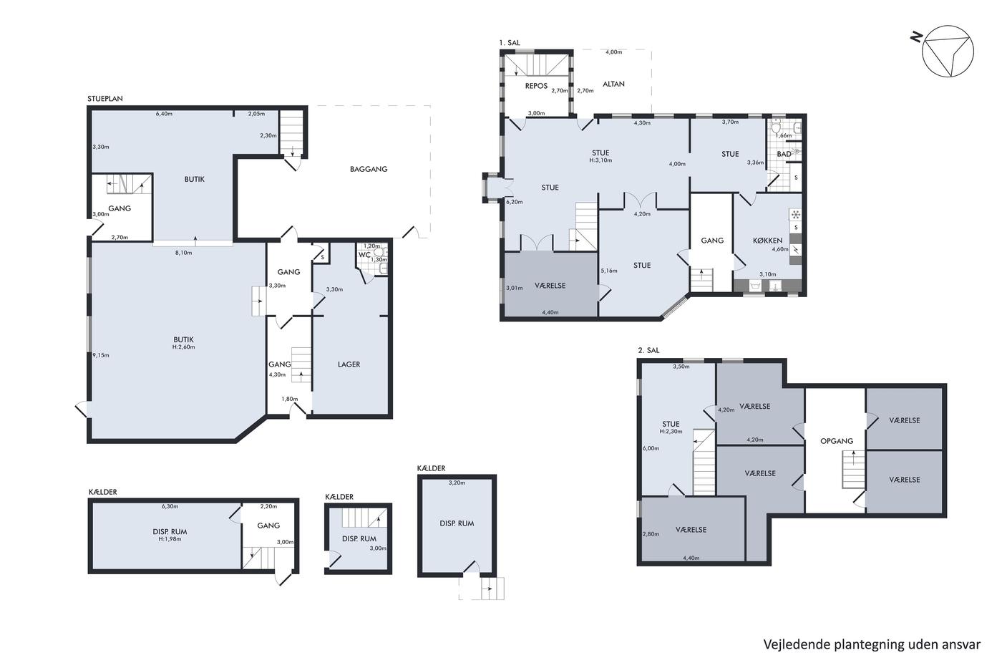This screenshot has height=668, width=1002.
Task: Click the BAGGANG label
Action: pyautogui.click(x=368, y=169)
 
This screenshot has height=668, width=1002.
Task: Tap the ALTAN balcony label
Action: pyautogui.click(x=613, y=84)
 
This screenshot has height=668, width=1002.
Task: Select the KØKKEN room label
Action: pyautogui.click(x=767, y=241)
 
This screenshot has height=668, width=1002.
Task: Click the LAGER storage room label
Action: pyautogui.click(x=349, y=364)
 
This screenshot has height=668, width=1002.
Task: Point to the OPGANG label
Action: pyautogui.click(x=837, y=441)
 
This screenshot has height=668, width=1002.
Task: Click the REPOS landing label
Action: pyautogui.click(x=536, y=86)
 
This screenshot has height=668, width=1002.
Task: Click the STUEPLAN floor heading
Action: pyautogui.click(x=105, y=99)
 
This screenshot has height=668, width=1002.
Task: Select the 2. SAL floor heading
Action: pyautogui.click(x=648, y=350)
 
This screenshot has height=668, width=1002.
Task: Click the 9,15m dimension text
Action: pyautogui.click(x=101, y=355)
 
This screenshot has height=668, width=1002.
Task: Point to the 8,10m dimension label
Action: pyautogui.click(x=183, y=253)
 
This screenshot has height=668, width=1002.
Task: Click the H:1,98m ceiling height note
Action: pyautogui.click(x=170, y=539)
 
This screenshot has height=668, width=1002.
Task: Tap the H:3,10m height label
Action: pyautogui.click(x=600, y=160)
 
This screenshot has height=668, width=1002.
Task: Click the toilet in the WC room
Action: pyautogui.click(x=380, y=251)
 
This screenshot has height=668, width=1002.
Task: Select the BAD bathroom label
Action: pyautogui.click(x=784, y=155)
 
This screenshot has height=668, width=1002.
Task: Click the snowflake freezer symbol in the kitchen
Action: pyautogui.click(x=796, y=215)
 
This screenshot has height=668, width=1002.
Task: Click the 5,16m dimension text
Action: pyautogui.click(x=609, y=271)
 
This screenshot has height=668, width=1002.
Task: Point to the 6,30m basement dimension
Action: pyautogui.click(x=170, y=506)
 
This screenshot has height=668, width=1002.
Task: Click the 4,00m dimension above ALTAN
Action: pyautogui.click(x=614, y=52)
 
